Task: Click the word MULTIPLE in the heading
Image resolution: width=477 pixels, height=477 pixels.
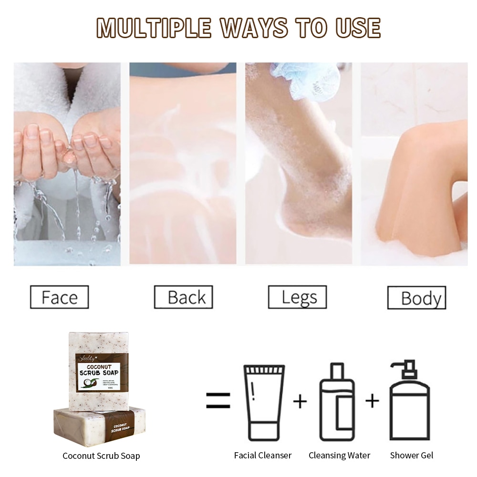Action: coord(154,28)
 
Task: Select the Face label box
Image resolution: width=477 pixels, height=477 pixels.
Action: coord(59,297)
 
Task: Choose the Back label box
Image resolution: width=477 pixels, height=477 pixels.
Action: coord(183,297)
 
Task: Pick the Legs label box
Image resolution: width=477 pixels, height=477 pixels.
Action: coord(297,297)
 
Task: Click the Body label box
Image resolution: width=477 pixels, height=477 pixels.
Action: coord(416,298)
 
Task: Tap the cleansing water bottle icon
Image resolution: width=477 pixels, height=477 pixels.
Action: coord(337,402)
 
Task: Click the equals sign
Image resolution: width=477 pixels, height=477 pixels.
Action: coord(218,401)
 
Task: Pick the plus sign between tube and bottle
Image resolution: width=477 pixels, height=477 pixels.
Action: coord(300,401)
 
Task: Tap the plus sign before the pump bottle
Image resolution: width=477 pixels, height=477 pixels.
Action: coord(372,401)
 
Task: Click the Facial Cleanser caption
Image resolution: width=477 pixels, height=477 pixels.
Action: coord(263,455)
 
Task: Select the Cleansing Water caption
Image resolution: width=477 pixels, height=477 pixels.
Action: coord(339,455)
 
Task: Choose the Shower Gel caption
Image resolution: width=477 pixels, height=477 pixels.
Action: coord(412,455)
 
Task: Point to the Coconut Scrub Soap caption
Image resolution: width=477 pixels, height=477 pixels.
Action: coord(101,456)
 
